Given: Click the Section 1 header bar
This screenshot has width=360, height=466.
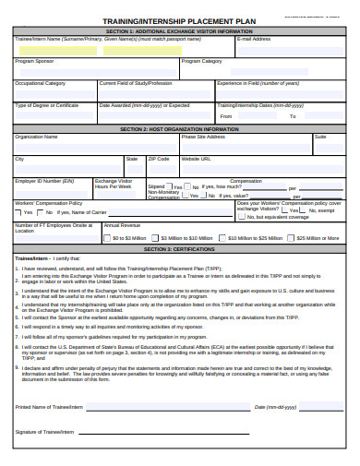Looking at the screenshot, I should click(x=179, y=31).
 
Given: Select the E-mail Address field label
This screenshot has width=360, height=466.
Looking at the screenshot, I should click(x=254, y=40).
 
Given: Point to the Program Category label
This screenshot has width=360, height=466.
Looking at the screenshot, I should click(x=202, y=62).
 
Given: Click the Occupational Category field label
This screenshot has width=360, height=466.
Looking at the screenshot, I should click(x=40, y=83).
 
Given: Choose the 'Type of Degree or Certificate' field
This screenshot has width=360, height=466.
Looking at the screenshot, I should click(x=47, y=105).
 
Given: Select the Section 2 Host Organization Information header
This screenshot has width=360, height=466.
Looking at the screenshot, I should click(x=179, y=128).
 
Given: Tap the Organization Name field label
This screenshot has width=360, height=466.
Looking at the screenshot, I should click(x=36, y=137).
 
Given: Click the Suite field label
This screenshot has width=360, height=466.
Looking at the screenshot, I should click(x=320, y=137).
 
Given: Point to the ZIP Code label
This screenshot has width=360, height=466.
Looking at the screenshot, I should click(x=160, y=159).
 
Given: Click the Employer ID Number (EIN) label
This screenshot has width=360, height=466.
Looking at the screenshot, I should click(x=45, y=181).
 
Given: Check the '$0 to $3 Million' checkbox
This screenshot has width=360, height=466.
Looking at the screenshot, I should click(x=108, y=238).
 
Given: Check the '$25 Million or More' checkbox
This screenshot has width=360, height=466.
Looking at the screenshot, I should click(x=292, y=238).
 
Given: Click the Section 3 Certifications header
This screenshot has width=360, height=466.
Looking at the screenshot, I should click(x=179, y=248).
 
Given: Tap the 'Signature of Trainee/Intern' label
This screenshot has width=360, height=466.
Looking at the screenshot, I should click(x=44, y=431).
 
